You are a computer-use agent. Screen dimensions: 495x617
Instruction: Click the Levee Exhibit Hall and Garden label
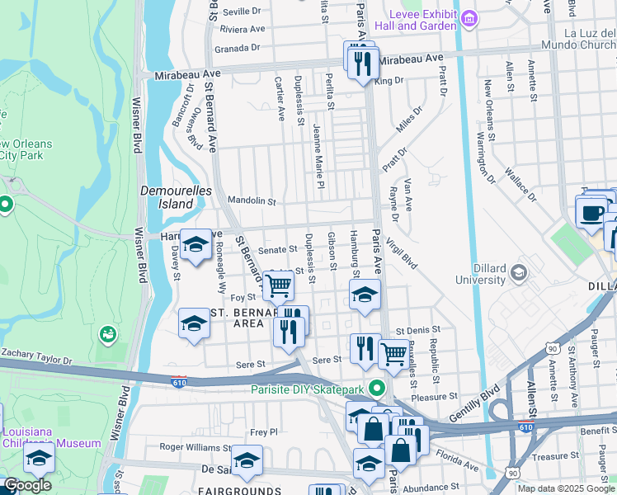coord(426,20)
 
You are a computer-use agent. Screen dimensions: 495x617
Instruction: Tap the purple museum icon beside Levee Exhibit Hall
coord(469,18)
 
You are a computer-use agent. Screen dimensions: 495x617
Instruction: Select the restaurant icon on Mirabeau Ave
coord(363,63)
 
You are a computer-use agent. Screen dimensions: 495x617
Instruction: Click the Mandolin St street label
coord(251,200)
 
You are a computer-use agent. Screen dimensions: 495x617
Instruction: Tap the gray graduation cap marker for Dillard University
coord(519,272)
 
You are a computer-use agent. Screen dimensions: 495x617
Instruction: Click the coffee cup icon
coord(591,212)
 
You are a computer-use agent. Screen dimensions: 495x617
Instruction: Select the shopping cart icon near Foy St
coord(278,285)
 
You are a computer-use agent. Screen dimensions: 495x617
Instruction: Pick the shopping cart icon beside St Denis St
coord(393,355)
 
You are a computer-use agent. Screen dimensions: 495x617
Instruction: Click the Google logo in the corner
coord(27,485)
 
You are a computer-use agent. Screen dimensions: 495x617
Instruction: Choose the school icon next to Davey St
coord(195,244)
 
